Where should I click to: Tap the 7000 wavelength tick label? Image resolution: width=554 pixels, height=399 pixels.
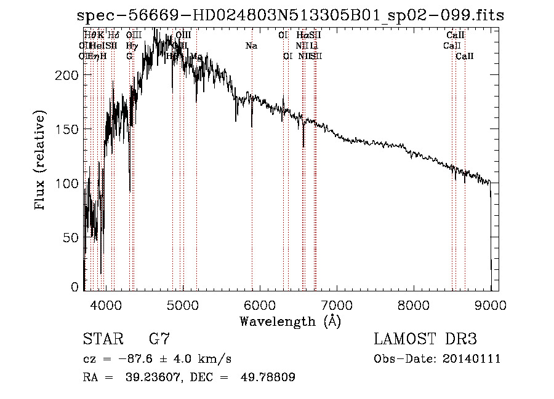click(336, 304)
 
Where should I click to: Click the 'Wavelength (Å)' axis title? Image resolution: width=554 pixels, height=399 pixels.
click(290, 321)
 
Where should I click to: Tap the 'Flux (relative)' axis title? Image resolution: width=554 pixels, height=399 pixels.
click(41, 162)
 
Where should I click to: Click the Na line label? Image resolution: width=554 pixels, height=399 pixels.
click(251, 46)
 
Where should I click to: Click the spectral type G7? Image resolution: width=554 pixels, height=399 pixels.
click(159, 339)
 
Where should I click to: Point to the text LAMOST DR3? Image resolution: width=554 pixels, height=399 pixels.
click(425, 339)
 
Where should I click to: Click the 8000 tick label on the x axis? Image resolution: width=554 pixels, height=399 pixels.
click(414, 304)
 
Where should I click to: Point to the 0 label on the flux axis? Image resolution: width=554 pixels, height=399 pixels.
click(75, 286)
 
